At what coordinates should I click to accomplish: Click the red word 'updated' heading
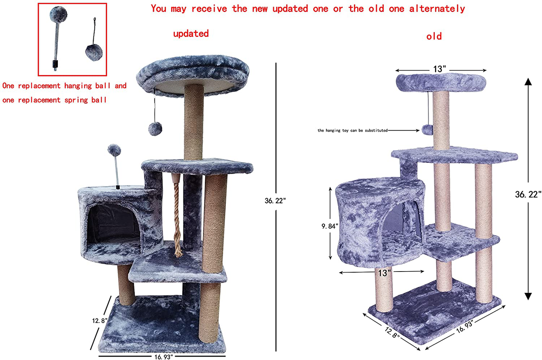(191, 34)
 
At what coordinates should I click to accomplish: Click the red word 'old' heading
(434, 36)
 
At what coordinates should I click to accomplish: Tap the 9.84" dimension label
(330, 226)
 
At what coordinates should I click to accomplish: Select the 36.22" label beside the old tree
(528, 194)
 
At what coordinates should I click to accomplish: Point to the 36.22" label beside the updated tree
(275, 201)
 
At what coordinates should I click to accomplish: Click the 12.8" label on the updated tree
(100, 321)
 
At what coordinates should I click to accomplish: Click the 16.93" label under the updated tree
(164, 357)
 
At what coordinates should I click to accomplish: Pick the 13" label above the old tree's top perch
(439, 69)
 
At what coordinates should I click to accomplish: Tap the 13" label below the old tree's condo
(384, 273)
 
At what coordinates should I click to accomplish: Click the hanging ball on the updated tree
(155, 129)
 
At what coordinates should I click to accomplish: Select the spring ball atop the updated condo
(114, 150)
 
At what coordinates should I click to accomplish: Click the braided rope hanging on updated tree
(177, 218)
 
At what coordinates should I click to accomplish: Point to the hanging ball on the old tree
(427, 130)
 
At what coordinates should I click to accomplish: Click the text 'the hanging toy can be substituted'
(353, 130)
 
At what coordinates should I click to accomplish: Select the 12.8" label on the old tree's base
(392, 332)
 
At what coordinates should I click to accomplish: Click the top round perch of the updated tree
(193, 75)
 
